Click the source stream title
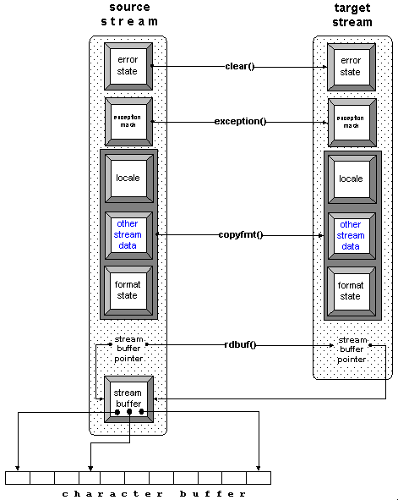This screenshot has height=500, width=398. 128,14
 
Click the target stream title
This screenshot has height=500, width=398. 351,14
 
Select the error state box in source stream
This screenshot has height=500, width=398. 128,66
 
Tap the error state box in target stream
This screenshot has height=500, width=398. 351,66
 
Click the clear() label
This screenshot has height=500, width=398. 240,66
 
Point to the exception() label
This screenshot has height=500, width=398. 240,121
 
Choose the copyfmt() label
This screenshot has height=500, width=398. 240,234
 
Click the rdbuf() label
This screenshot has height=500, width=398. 240,344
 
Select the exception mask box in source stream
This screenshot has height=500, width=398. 128,122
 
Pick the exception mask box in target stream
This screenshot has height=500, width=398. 351,122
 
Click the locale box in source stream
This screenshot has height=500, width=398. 128,179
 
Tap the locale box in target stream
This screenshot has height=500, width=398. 351,179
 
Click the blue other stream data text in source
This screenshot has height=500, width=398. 128,234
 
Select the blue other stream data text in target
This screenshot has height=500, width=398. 351,234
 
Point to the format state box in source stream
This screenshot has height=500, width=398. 128,290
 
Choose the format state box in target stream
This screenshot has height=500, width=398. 351,290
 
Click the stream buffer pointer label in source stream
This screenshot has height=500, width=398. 128,349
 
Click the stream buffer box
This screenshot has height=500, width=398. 128,398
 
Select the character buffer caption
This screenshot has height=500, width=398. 155,492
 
